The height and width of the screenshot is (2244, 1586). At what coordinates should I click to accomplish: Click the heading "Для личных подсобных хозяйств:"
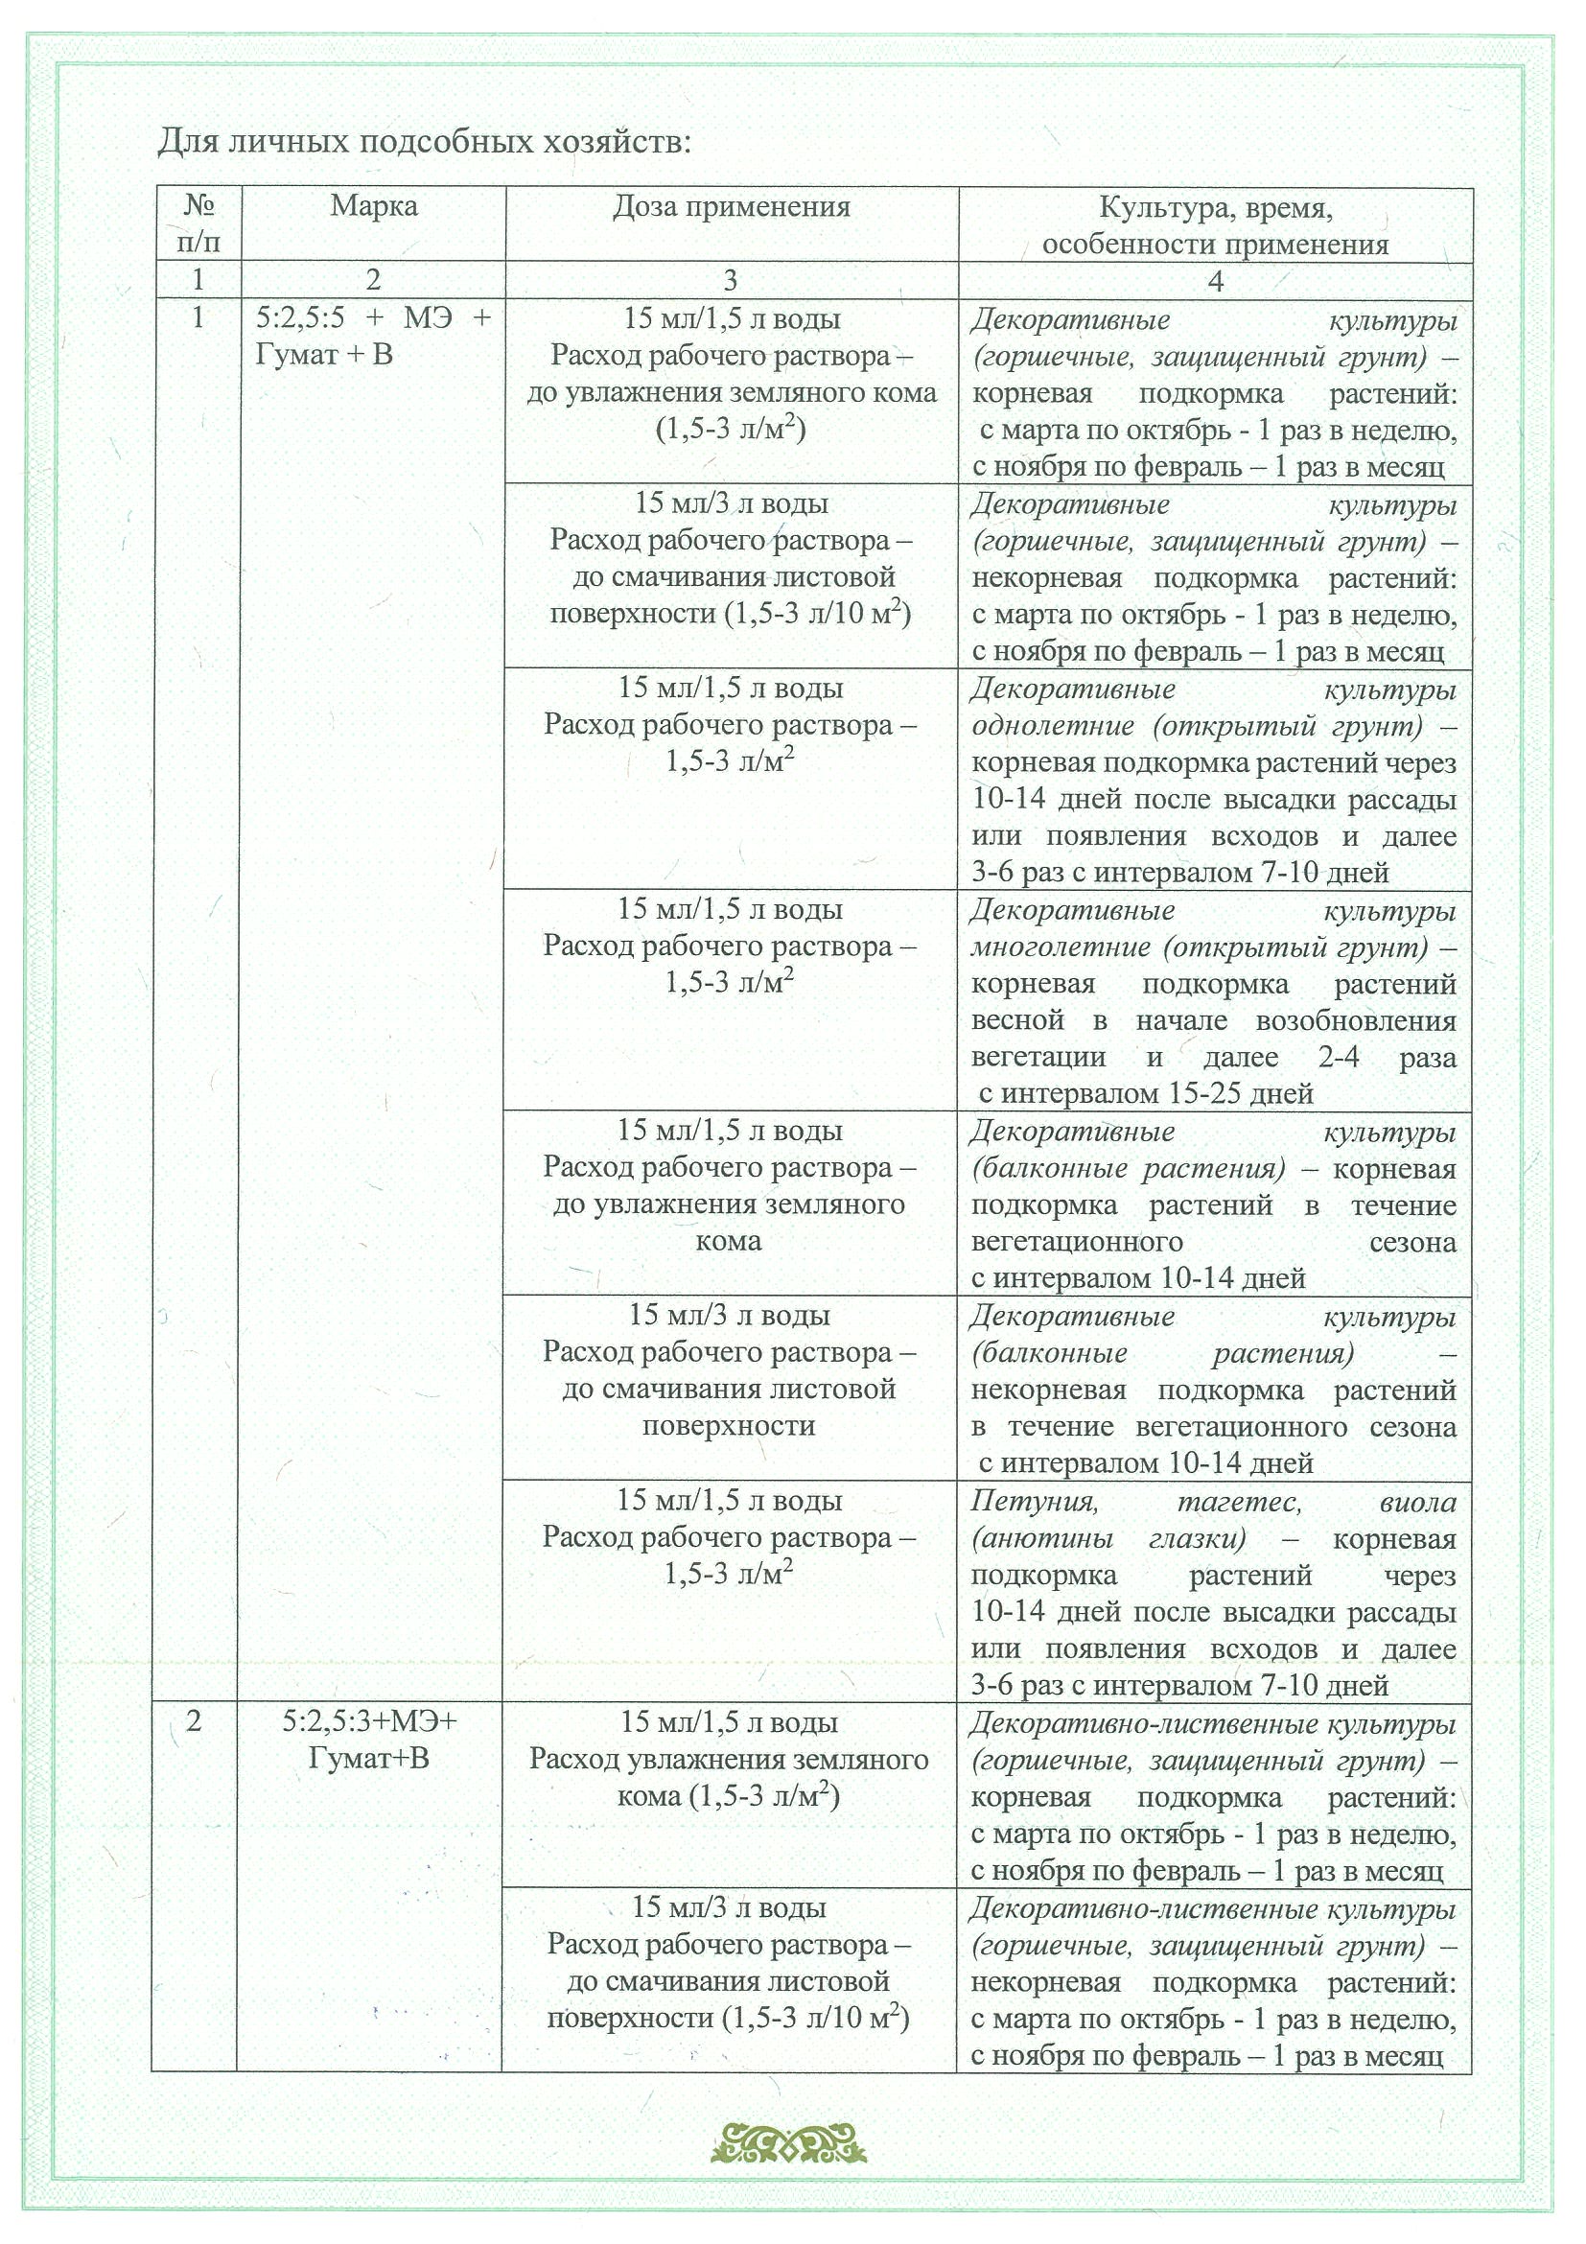click(424, 143)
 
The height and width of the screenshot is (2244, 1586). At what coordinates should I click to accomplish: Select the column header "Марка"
click(373, 206)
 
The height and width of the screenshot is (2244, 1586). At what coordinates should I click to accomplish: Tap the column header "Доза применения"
click(731, 207)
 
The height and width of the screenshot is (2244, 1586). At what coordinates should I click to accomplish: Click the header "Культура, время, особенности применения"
click(1215, 225)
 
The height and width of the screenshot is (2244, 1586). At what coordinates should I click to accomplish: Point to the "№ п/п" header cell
click(198, 223)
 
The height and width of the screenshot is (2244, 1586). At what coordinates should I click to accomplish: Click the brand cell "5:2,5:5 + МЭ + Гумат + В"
click(372, 337)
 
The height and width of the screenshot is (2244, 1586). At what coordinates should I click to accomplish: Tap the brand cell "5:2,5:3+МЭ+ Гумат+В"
click(369, 1740)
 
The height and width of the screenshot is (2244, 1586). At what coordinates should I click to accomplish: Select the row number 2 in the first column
click(194, 1721)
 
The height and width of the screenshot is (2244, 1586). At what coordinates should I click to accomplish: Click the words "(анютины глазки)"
click(1108, 1539)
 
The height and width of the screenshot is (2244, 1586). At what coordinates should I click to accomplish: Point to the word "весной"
click(1017, 1020)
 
